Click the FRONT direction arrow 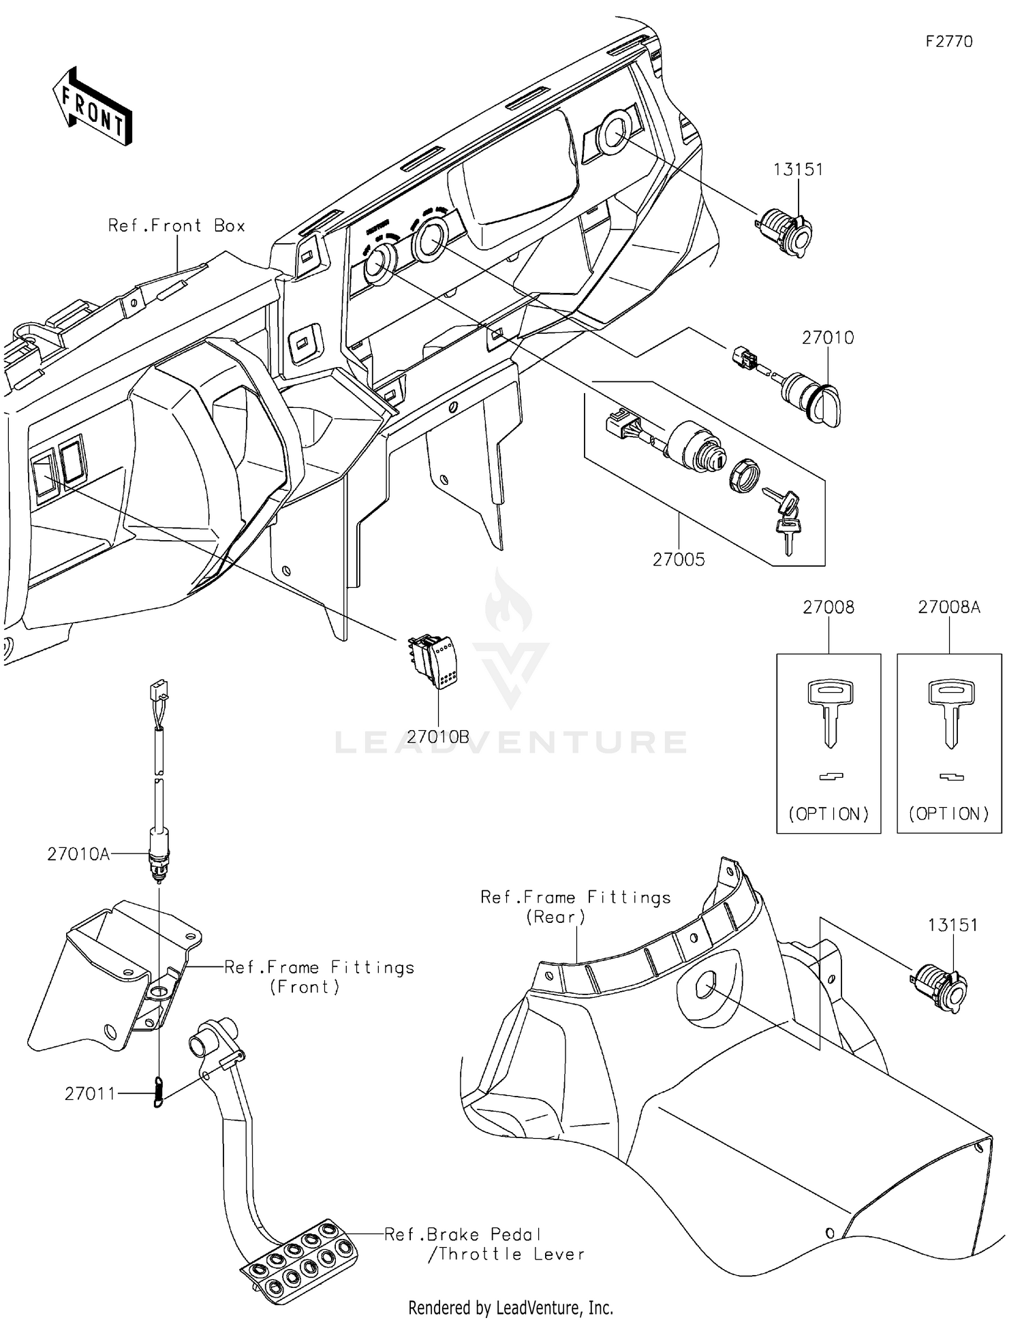[x=92, y=107]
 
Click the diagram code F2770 [x=948, y=42]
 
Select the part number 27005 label [x=679, y=560]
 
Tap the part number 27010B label [x=438, y=737]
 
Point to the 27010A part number [x=78, y=854]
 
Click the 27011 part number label [x=90, y=1094]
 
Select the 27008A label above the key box [x=948, y=608]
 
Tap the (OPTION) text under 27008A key [x=948, y=814]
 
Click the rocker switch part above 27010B [x=434, y=661]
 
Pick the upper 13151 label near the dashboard [x=798, y=170]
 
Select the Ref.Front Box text [x=176, y=226]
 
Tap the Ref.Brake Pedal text [x=463, y=1234]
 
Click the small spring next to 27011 [x=158, y=1092]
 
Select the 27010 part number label [x=827, y=338]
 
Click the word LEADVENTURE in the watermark [x=511, y=742]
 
